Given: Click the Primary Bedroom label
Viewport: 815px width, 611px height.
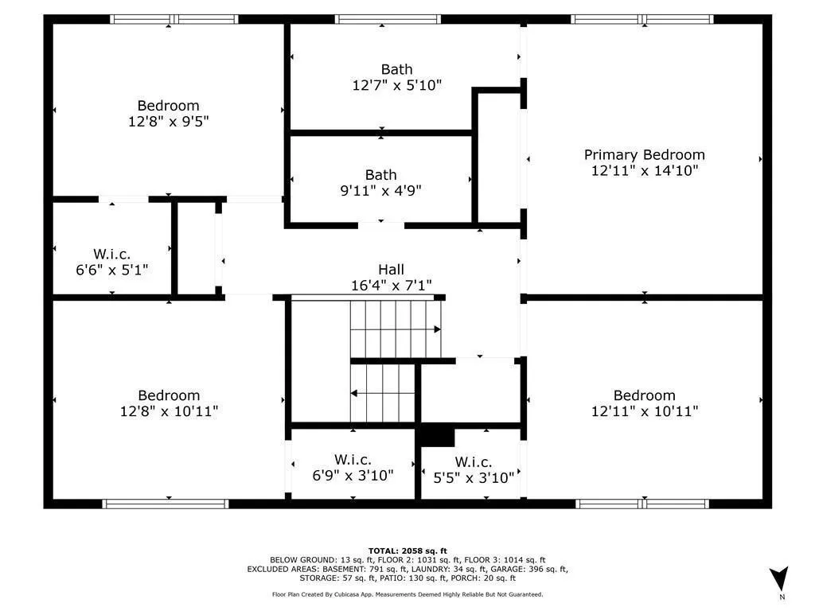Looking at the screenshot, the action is (x=644, y=155).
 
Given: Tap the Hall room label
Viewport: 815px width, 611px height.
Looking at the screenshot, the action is (x=391, y=270).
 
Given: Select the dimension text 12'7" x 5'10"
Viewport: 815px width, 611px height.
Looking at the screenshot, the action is (x=397, y=85).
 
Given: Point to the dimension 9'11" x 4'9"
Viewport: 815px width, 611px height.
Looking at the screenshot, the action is (x=380, y=191).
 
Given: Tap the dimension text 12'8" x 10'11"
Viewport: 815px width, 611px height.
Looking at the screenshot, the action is (x=169, y=411).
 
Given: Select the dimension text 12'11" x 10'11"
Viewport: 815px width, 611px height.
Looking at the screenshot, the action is (x=645, y=411).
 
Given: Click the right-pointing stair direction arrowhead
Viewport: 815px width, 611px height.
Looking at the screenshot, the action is (x=437, y=329).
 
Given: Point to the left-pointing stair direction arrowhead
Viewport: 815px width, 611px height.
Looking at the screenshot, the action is (x=354, y=393).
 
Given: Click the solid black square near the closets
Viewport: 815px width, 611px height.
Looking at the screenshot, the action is (x=437, y=437).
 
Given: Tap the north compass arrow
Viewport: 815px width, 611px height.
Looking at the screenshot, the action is (x=779, y=578).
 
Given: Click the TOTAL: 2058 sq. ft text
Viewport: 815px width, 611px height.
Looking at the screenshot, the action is (x=407, y=551).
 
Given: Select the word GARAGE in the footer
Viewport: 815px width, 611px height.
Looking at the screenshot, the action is (x=507, y=569).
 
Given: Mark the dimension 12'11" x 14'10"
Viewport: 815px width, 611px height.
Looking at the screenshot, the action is (x=645, y=170).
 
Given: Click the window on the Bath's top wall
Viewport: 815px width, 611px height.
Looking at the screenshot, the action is (x=388, y=19).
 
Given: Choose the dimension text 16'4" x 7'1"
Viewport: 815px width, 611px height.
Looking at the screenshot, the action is (x=391, y=286).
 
